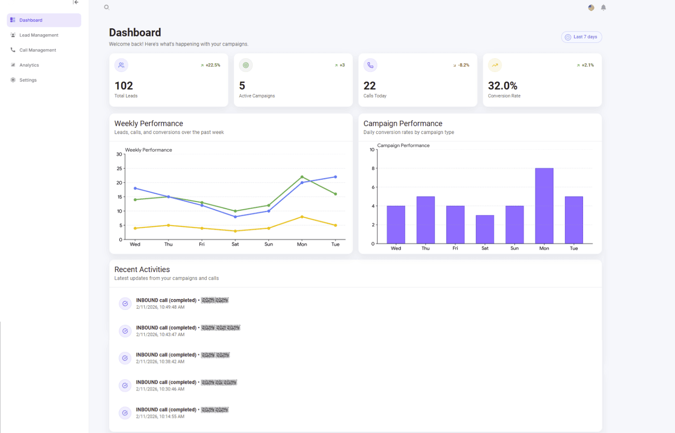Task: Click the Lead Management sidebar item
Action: point(39,35)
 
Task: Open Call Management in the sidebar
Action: point(37,50)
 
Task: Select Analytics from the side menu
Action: point(29,65)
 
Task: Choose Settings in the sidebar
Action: point(28,80)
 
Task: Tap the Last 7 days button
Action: point(581,37)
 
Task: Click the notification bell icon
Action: point(604,8)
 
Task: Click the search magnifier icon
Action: point(107,7)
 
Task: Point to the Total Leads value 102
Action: point(124,86)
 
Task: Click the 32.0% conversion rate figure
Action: point(502,86)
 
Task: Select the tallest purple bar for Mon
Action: point(544,205)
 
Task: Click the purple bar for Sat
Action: point(485,229)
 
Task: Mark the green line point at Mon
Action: point(302,177)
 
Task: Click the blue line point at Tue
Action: point(335,177)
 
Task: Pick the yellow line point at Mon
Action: point(302,217)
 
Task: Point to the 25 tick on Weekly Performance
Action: point(119,169)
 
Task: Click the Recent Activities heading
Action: point(142,269)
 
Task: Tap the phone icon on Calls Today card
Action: point(370,65)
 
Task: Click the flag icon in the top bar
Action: point(591,8)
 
